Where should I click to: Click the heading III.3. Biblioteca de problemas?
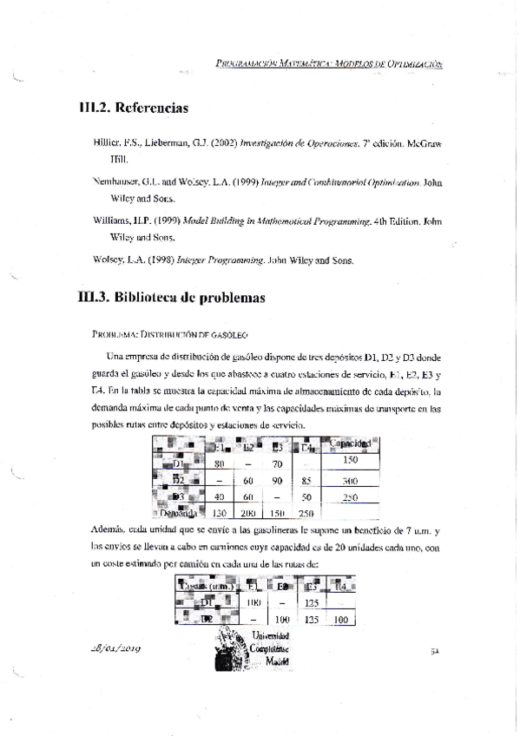170,296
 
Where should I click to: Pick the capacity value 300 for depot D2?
351,480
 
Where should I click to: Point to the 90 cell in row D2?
278,480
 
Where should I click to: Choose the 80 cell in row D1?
221,463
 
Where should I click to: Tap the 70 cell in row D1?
278,463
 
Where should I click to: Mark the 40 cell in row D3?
221,496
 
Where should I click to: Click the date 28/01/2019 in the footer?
116,648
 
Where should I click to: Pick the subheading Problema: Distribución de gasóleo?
169,333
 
